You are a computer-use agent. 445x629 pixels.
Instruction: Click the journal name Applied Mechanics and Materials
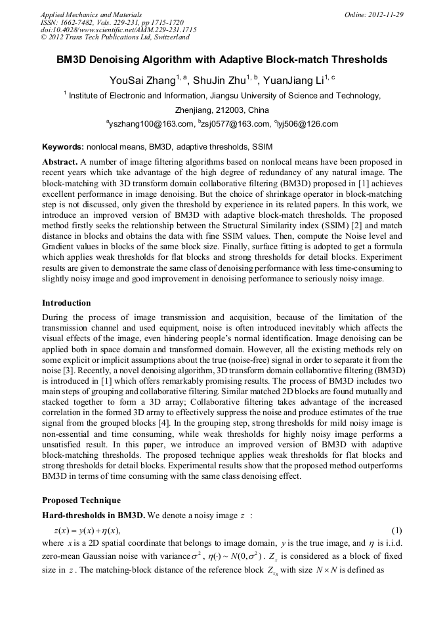tap(91, 14)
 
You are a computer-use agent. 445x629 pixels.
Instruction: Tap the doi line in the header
tap(118, 30)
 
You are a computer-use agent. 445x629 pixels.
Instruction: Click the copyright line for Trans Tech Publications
tap(115, 37)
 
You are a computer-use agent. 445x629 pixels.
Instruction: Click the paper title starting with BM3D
tap(222, 60)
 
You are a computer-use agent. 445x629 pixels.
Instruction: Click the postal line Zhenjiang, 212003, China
tap(222, 110)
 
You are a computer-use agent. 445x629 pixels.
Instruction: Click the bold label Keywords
tap(63, 146)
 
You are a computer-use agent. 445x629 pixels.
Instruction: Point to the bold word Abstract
tap(60, 161)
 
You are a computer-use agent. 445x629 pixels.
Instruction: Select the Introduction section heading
tap(66, 303)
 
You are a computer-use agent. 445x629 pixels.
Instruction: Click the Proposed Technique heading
tap(81, 500)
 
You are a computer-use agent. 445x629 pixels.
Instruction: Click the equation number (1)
tap(396, 529)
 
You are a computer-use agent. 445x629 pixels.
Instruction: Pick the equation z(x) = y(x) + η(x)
tap(87, 529)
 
